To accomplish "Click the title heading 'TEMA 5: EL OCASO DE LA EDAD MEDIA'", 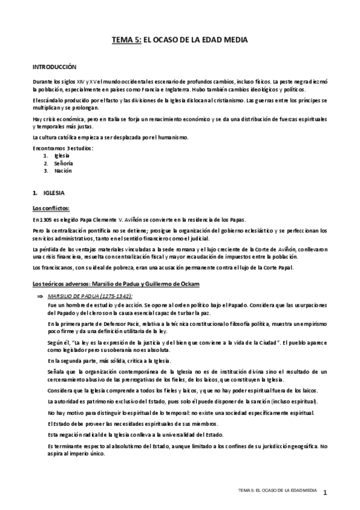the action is coord(180,40).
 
